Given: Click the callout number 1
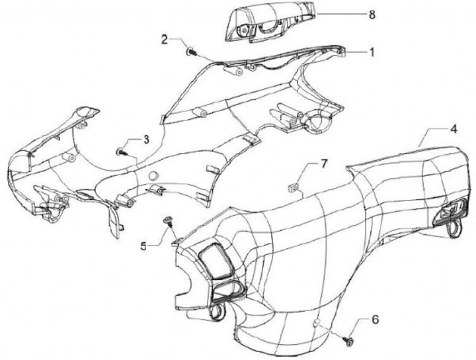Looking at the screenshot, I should pyautogui.click(x=372, y=51).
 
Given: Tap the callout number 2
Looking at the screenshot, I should pyautogui.click(x=165, y=39).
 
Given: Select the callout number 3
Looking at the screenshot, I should pyautogui.click(x=146, y=140).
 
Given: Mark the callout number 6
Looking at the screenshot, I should pyautogui.click(x=375, y=320).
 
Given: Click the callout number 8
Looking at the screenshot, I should pyautogui.click(x=372, y=13).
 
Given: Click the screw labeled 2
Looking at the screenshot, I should pyautogui.click(x=190, y=50).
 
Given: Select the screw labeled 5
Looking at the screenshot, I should pyautogui.click(x=169, y=220).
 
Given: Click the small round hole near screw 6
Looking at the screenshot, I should pyautogui.click(x=318, y=322).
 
